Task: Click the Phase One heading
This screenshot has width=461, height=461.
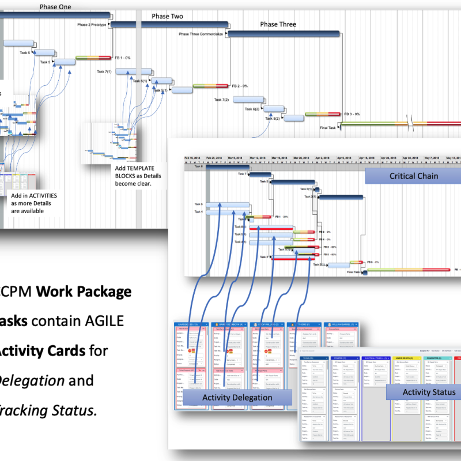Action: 55,7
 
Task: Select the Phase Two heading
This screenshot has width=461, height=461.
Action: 167,16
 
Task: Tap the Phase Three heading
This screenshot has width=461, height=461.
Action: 278,24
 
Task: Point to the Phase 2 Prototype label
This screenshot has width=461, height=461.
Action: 92,25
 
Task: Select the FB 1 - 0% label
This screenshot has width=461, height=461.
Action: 123,58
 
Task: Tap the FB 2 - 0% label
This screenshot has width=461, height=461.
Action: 240,86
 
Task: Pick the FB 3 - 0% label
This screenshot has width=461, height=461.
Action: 352,114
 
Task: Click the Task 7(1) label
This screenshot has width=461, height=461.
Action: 104,71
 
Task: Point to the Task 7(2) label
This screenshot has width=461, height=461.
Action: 221,100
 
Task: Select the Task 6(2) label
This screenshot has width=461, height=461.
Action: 252,109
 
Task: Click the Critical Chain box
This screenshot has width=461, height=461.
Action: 413,176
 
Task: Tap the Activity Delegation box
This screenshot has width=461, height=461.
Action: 237,397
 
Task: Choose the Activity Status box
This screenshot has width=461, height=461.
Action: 429,392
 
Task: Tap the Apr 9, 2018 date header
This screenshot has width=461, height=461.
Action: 345,157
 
